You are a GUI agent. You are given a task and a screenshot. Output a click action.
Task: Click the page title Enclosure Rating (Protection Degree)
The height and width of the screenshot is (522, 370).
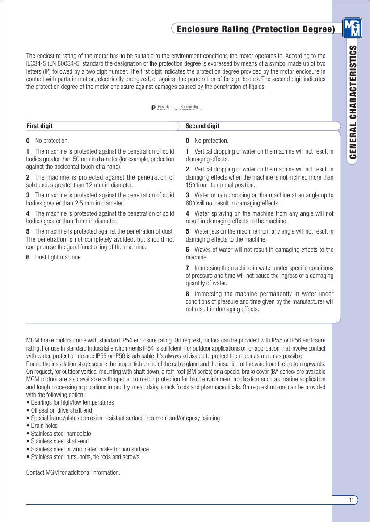coord(256,29)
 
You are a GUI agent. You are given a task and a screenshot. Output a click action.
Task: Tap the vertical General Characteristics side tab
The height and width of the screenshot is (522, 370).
coord(353,102)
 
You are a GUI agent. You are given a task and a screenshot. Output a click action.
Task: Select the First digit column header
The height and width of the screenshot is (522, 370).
coord(39,126)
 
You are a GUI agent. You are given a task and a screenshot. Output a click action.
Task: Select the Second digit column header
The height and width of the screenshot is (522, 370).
coord(202,126)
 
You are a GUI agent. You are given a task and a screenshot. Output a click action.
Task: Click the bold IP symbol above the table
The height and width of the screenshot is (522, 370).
coord(153,108)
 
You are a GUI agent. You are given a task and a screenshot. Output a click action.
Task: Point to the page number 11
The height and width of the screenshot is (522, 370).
coord(352,500)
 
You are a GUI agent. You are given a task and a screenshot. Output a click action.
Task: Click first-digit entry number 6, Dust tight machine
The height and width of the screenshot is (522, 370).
coord(54,257)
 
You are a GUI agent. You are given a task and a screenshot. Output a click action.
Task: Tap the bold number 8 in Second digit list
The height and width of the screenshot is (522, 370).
coord(188,294)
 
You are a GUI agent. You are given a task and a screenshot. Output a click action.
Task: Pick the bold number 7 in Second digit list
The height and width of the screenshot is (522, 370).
coord(188,268)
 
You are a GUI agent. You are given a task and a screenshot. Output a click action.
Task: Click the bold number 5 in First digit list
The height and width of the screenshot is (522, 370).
coord(28,231)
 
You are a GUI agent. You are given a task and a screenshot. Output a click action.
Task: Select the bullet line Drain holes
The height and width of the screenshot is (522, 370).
coord(44,426)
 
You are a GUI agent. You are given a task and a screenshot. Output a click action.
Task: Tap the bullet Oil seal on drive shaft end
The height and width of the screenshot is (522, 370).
coord(61,410)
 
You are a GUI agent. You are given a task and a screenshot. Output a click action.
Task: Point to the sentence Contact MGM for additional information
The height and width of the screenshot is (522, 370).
coord(73,472)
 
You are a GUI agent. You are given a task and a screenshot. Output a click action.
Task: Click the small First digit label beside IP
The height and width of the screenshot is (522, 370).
coord(165,107)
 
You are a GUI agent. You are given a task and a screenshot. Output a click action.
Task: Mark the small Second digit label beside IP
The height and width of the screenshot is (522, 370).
coord(190,107)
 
